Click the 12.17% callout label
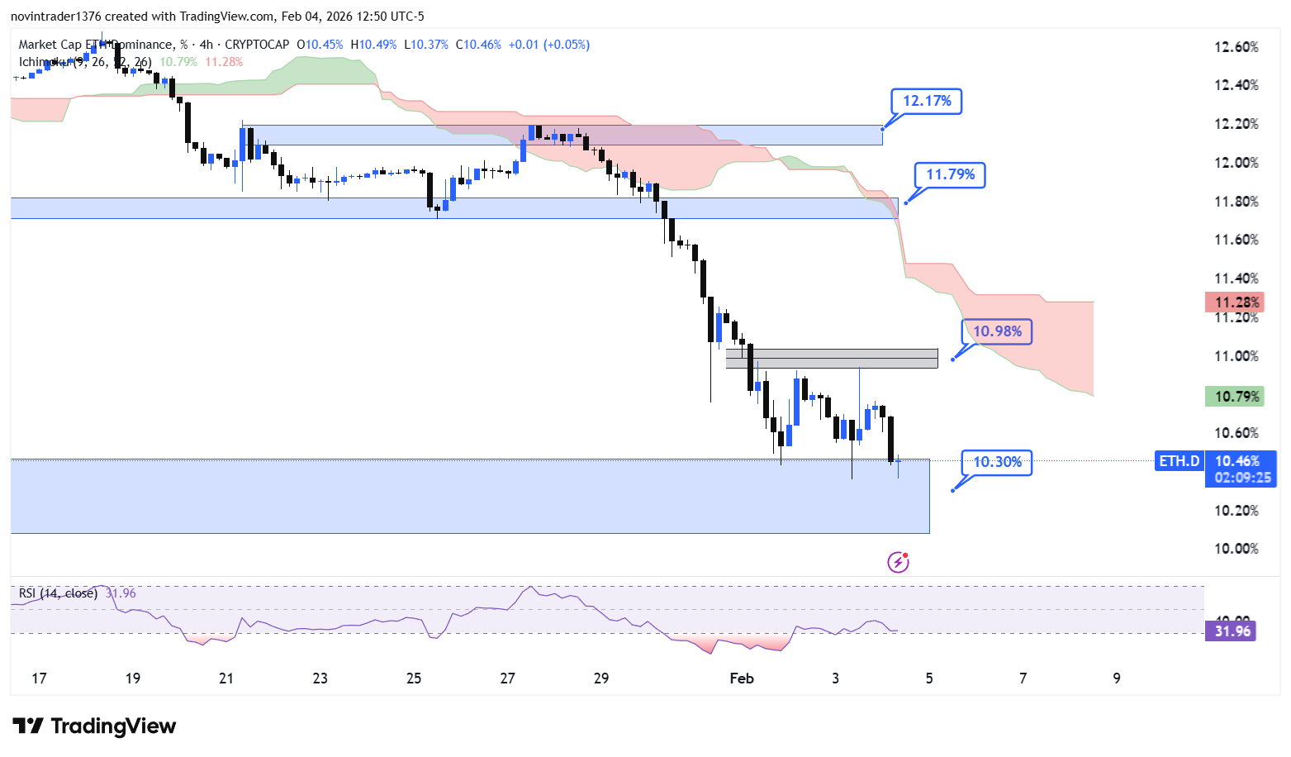click(927, 101)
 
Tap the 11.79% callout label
click(950, 174)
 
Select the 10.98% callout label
click(997, 331)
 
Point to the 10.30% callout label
click(997, 462)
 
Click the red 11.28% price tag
click(1235, 302)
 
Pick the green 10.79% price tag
click(1235, 397)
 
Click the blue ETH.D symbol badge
click(1179, 461)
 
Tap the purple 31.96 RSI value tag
click(1232, 631)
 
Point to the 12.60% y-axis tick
click(1236, 47)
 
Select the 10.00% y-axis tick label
click(1236, 549)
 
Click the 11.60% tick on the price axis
click(1236, 240)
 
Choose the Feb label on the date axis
click(742, 678)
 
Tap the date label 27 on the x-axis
click(507, 678)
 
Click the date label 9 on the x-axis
click(1117, 678)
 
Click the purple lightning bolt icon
click(898, 563)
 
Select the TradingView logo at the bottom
click(95, 726)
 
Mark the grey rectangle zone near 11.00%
click(832, 359)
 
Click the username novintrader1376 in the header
click(55, 17)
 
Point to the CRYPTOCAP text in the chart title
click(257, 45)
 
